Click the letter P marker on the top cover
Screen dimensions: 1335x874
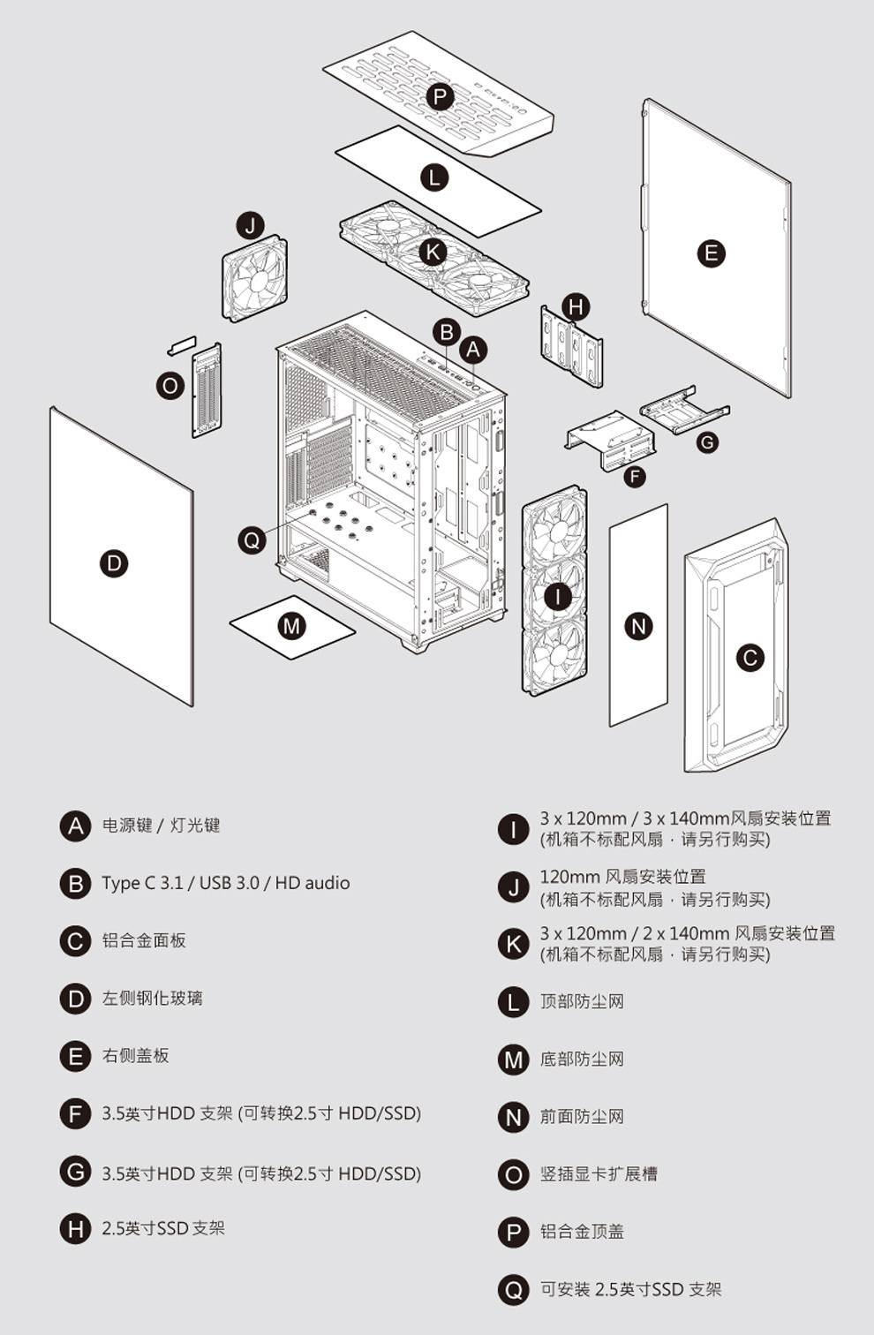pos(439,96)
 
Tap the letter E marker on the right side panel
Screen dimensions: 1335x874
pos(711,254)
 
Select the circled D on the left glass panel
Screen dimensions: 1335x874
pos(114,563)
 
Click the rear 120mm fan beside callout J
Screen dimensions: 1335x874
pos(254,278)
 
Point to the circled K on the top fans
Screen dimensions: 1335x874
pos(433,252)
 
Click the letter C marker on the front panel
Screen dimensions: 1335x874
pos(750,657)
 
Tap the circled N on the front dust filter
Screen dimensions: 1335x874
pos(638,626)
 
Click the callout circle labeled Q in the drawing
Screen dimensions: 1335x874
pos(252,539)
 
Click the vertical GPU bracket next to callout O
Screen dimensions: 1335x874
pos(207,389)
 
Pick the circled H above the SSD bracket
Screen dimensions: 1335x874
pos(576,307)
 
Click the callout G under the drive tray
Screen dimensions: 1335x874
pos(706,441)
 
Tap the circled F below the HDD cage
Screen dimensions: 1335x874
pos(634,477)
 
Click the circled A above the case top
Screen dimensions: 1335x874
pos(473,350)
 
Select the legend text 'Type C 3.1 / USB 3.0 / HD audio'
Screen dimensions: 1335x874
pos(225,883)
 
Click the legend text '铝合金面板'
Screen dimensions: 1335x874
pos(144,940)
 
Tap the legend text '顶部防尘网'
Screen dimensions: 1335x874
pos(582,1001)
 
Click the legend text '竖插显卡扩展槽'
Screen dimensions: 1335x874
pos(599,1173)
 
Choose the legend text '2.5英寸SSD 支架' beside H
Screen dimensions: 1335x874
pos(163,1228)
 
